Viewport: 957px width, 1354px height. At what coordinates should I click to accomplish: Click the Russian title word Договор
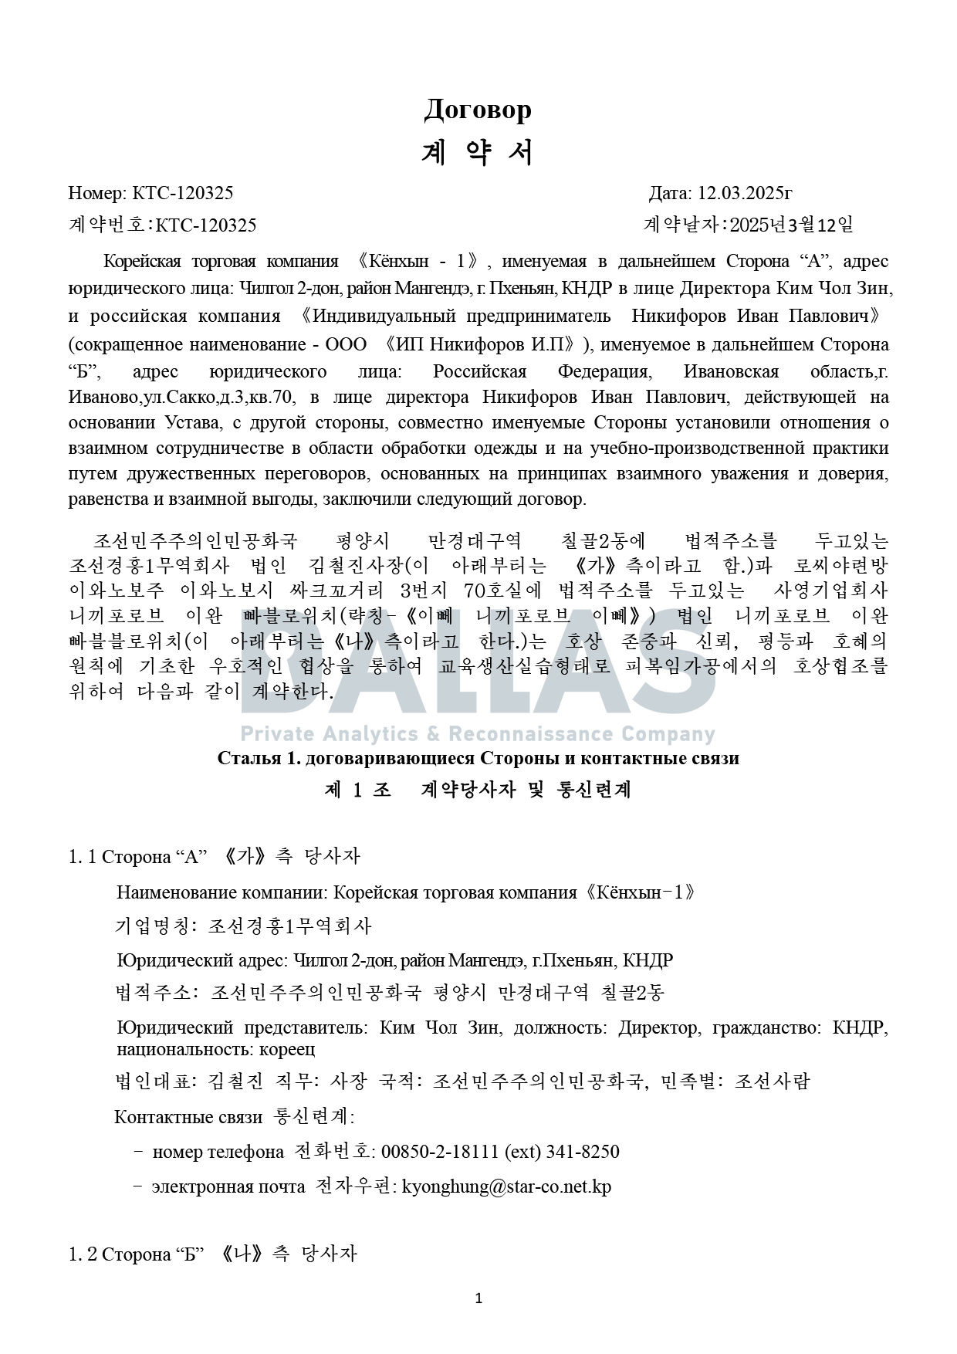pyautogui.click(x=478, y=110)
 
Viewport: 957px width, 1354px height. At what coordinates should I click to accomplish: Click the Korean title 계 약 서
pyautogui.click(x=478, y=154)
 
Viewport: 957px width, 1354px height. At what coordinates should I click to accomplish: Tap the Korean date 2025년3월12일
pyautogui.click(x=791, y=225)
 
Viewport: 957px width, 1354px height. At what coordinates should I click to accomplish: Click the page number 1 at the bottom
pyautogui.click(x=478, y=1298)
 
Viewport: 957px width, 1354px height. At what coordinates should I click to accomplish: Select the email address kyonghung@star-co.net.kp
pyautogui.click(x=506, y=1186)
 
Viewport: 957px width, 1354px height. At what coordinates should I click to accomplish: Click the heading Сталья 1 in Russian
pyautogui.click(x=259, y=758)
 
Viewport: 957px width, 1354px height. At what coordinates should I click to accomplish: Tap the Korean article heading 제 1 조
pyautogui.click(x=358, y=790)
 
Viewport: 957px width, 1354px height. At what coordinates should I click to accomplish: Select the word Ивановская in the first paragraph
pyautogui.click(x=731, y=371)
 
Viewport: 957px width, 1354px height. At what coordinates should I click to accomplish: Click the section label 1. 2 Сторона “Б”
pyautogui.click(x=137, y=1254)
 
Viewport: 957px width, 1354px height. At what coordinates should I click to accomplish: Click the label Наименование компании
pyautogui.click(x=222, y=893)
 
